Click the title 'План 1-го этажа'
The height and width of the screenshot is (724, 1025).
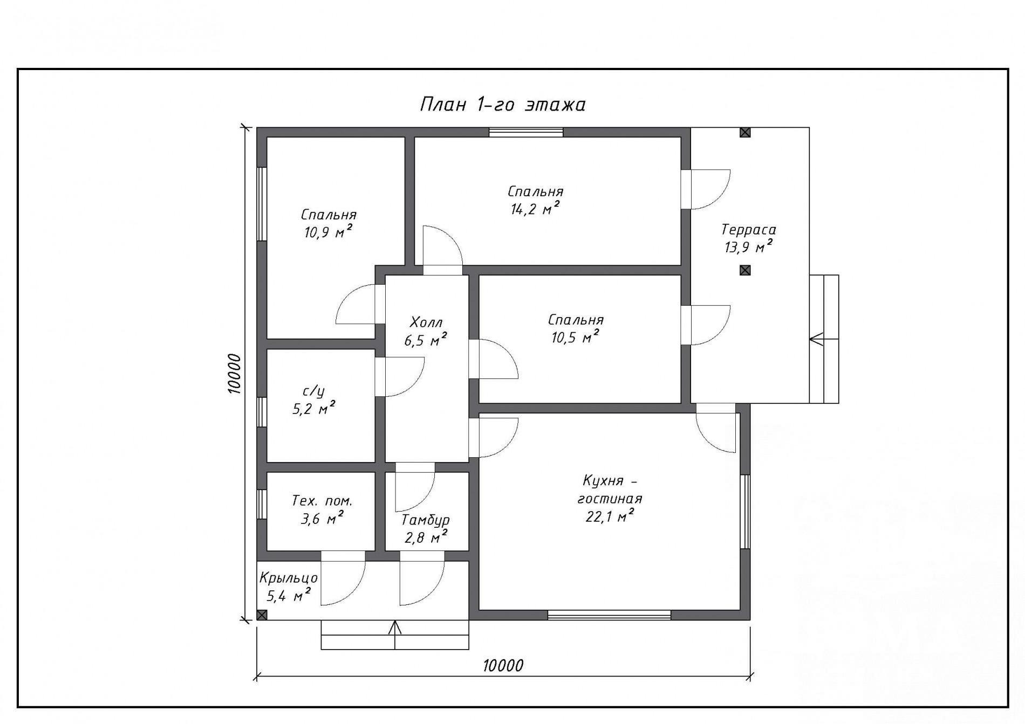(x=502, y=104)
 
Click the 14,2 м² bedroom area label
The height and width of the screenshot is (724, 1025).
(x=535, y=209)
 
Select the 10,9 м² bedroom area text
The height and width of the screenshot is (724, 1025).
(x=329, y=232)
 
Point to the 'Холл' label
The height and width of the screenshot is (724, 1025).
(x=426, y=322)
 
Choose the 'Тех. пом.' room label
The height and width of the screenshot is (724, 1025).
(x=322, y=501)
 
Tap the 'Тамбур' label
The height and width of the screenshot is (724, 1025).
(x=426, y=520)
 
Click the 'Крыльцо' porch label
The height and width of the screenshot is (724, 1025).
(x=289, y=578)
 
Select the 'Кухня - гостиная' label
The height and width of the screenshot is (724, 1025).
(x=610, y=489)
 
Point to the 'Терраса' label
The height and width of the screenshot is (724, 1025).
(x=749, y=230)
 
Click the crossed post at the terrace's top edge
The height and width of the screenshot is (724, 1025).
(x=745, y=133)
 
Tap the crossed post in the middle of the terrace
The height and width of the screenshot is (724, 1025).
(x=745, y=270)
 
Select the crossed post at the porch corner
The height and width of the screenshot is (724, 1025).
(x=262, y=615)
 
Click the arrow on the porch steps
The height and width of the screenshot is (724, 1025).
(x=395, y=635)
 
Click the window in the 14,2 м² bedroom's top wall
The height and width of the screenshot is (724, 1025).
(x=526, y=132)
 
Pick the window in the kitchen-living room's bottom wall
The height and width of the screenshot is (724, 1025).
(x=610, y=615)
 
